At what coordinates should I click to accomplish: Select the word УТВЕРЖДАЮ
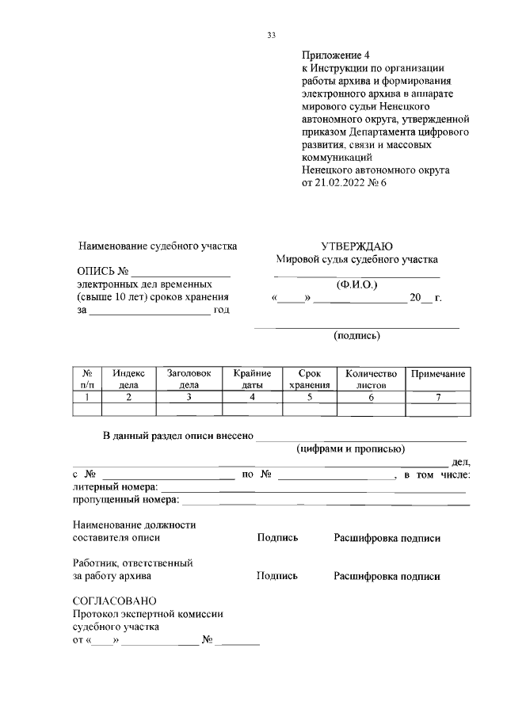coord(356,246)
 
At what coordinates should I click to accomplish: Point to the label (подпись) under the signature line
coord(356,335)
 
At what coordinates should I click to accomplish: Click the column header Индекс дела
coord(128,379)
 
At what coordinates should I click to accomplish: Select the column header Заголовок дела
coord(189,379)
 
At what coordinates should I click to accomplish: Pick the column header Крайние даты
coord(252,379)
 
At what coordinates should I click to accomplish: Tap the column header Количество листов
coord(371,379)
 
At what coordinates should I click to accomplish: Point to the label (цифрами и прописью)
coord(350,448)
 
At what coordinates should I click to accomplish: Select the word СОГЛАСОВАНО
coord(115,601)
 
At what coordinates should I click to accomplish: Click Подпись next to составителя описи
coord(277,538)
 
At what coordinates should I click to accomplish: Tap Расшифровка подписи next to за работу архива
coord(387,577)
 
